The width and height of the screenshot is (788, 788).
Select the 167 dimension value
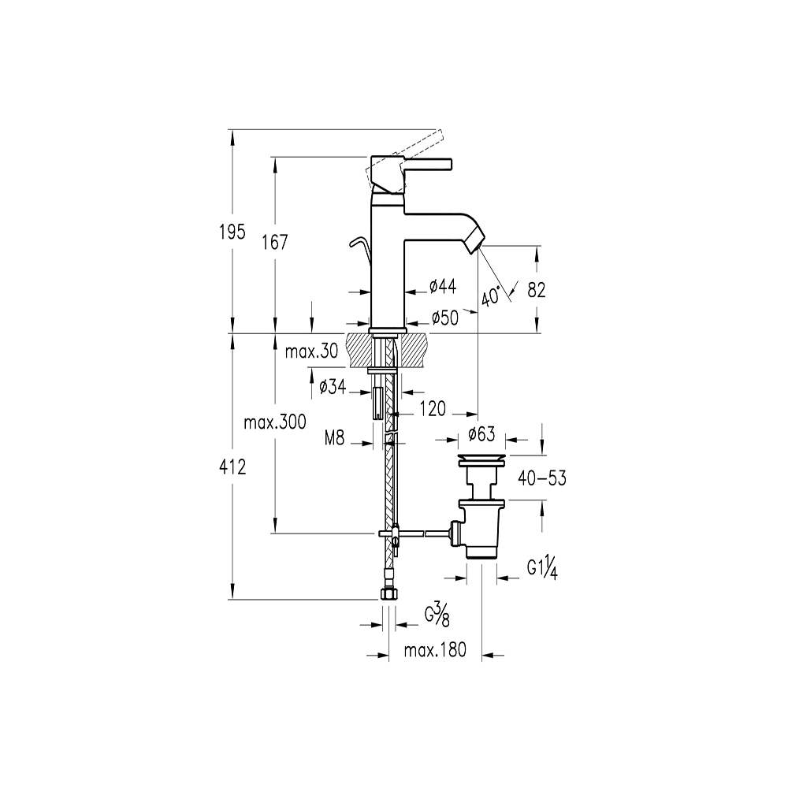[275, 243]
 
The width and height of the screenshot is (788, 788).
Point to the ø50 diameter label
[445, 318]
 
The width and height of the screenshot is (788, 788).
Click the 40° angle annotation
[491, 297]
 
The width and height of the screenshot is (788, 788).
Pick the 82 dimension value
[537, 290]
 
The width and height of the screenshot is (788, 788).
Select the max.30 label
[311, 352]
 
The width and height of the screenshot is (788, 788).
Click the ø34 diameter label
[334, 387]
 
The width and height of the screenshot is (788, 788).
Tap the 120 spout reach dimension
[433, 409]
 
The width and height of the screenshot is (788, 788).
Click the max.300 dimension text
[274, 422]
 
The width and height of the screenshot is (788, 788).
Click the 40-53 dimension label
[542, 478]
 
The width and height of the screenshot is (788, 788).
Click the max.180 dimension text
[435, 651]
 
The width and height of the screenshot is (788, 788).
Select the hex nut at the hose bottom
[388, 594]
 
